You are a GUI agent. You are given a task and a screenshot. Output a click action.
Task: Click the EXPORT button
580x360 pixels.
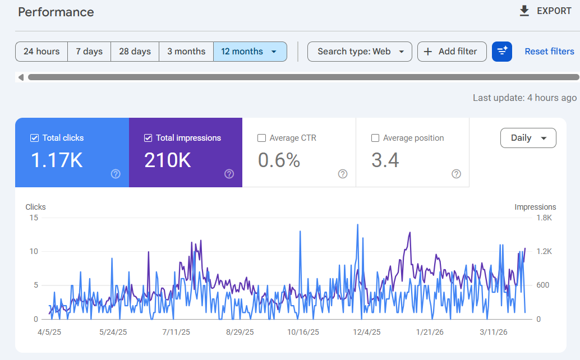(x=545, y=11)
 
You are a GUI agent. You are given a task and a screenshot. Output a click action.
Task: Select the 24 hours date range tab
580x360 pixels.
(x=42, y=52)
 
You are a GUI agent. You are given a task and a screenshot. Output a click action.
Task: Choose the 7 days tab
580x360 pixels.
(x=89, y=52)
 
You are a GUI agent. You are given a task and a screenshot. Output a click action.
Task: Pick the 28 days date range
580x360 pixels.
(x=135, y=52)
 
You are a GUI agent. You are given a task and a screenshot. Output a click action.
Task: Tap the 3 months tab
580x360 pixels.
(x=186, y=52)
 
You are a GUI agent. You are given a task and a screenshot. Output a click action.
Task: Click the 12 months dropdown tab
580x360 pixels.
(x=250, y=52)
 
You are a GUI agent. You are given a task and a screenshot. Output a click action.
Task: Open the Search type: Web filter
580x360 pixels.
(x=360, y=52)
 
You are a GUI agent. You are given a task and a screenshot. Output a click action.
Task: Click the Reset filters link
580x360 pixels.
(x=549, y=52)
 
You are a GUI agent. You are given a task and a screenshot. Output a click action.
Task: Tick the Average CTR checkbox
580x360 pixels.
(x=261, y=138)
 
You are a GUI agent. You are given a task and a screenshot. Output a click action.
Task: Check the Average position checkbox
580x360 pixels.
(x=375, y=138)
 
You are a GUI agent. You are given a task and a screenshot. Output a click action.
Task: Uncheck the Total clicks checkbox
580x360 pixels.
(x=34, y=138)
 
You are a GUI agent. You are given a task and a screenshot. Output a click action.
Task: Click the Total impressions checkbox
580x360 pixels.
(x=148, y=138)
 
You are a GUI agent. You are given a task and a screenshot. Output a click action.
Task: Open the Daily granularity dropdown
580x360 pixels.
(x=528, y=138)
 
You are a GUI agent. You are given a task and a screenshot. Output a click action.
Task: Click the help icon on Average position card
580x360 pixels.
(x=457, y=174)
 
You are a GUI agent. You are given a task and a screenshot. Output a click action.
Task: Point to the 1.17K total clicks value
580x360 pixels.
(x=57, y=161)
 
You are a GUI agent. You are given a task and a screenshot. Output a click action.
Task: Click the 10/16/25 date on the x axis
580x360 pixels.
(x=302, y=332)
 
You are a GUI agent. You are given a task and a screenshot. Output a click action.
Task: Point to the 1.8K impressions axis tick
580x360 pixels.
(x=544, y=218)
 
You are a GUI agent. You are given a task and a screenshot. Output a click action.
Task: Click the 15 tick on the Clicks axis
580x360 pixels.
(x=34, y=218)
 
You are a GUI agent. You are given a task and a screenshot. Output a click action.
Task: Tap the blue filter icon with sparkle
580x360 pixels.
(x=502, y=52)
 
